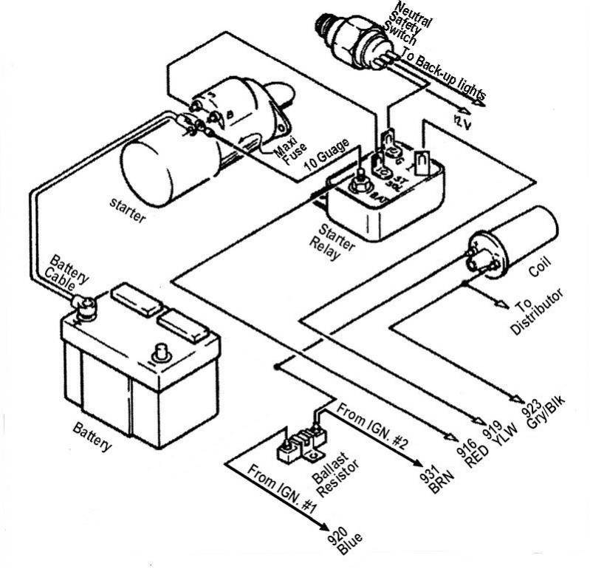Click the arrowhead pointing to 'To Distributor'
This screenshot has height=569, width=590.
[504, 303]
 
